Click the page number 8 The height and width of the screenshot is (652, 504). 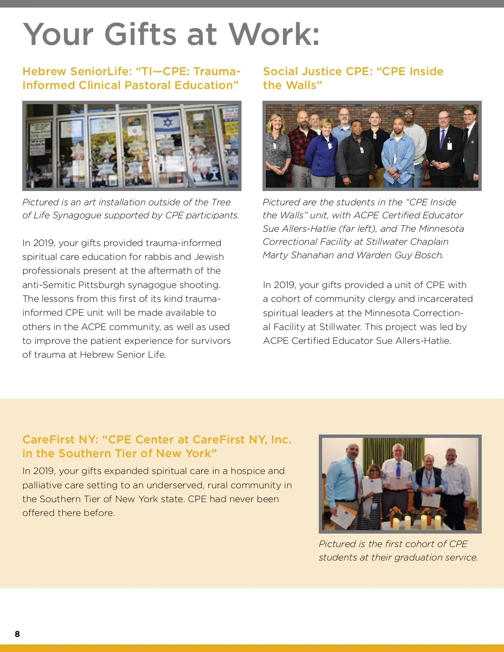(x=17, y=634)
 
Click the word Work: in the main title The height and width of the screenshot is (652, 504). (x=274, y=34)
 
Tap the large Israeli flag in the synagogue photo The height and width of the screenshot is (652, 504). (x=168, y=123)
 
